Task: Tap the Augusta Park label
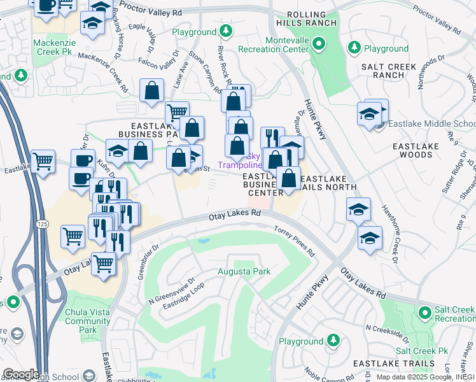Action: coord(244,272)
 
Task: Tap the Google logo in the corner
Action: coord(20,374)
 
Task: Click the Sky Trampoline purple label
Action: coord(240,161)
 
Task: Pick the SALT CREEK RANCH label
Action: coord(388,71)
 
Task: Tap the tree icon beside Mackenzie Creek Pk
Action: coord(20,76)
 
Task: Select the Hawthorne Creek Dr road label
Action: coord(389,225)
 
